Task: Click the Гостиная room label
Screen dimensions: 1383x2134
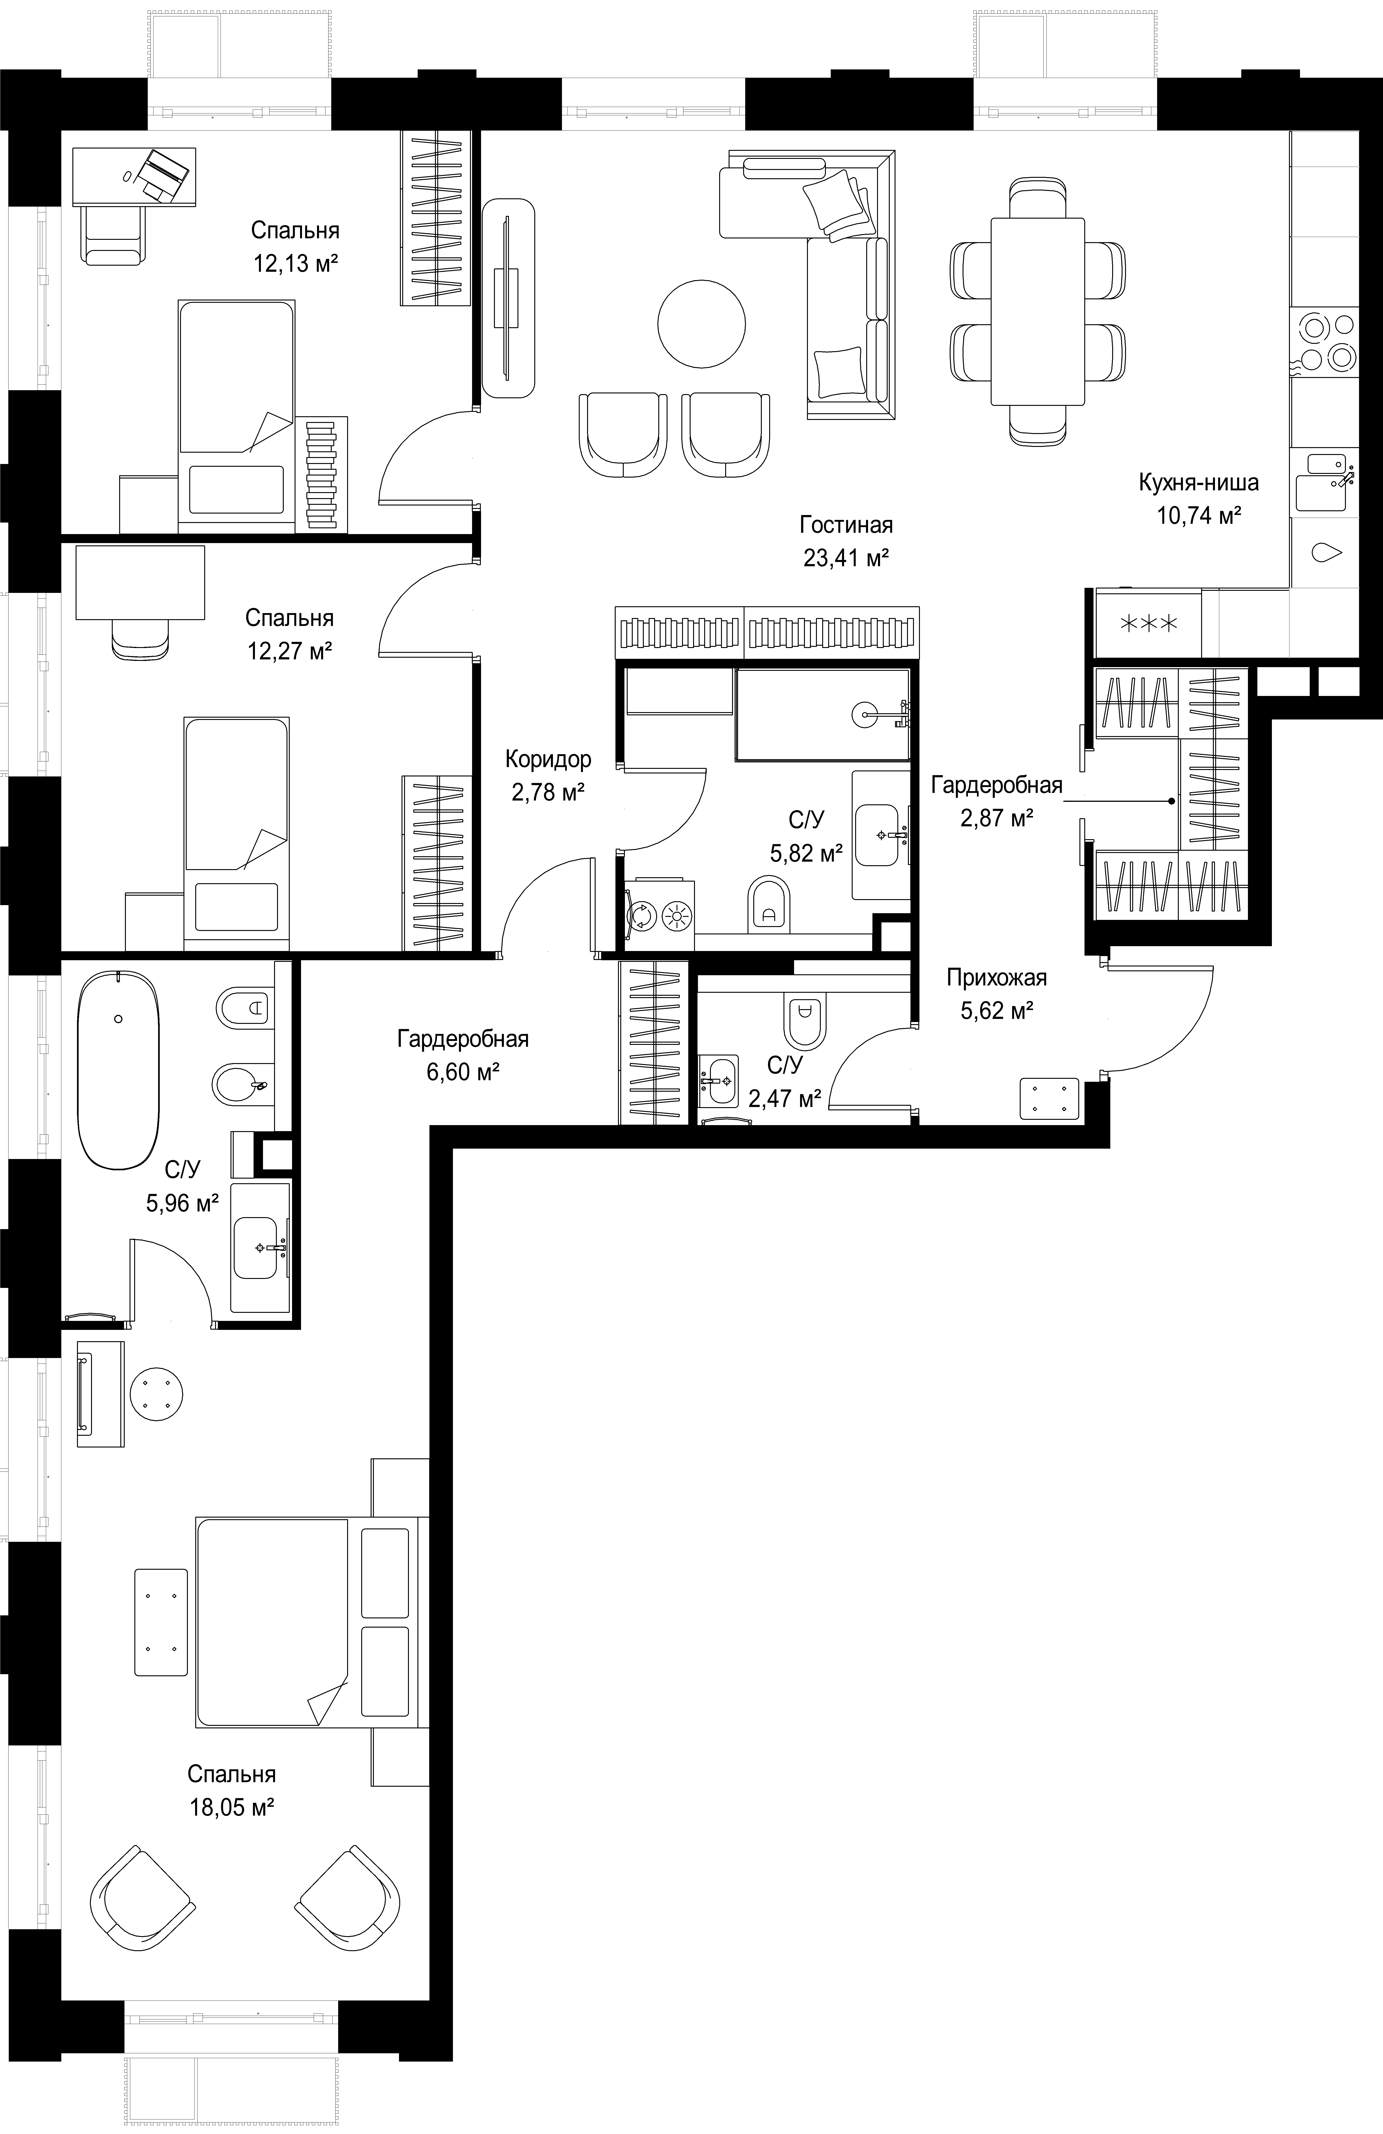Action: (x=846, y=525)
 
